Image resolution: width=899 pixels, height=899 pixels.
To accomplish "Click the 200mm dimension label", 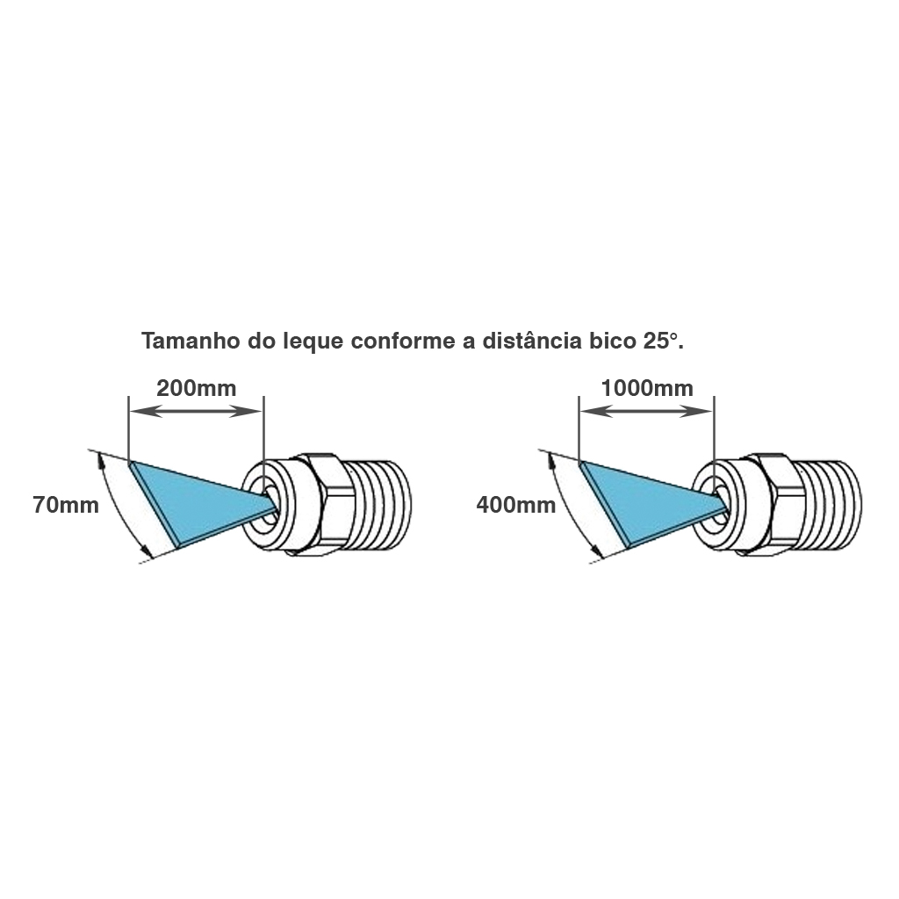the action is click(x=196, y=389).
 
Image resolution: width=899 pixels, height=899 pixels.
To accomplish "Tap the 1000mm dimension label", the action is click(x=647, y=389).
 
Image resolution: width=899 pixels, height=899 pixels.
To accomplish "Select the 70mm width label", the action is click(x=66, y=505).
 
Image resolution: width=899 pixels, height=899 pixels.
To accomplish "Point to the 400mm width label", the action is click(x=516, y=505).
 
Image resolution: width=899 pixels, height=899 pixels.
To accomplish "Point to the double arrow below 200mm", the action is click(x=196, y=411).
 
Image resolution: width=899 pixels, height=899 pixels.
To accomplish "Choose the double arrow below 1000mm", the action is click(x=646, y=411).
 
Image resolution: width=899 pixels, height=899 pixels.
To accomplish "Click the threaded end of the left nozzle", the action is click(x=378, y=505).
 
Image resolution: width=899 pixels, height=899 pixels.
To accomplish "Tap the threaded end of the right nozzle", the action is click(x=829, y=505).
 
